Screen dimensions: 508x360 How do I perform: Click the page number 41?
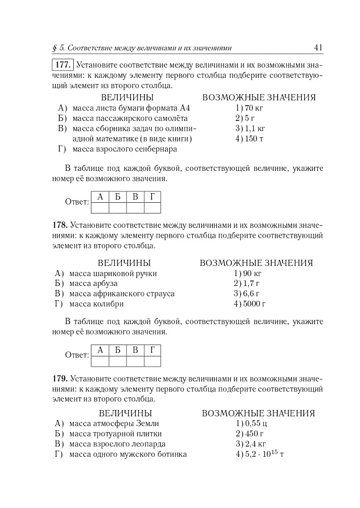click(319, 48)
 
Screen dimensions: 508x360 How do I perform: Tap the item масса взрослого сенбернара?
click(124, 149)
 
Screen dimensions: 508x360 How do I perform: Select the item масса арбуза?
click(93, 284)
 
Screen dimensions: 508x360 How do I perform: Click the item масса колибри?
click(96, 304)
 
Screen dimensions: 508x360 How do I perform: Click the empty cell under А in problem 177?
click(100, 208)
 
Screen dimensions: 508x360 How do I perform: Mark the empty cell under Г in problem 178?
click(153, 361)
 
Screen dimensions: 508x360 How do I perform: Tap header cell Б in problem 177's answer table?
click(117, 196)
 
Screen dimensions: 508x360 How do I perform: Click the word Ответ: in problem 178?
click(77, 355)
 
